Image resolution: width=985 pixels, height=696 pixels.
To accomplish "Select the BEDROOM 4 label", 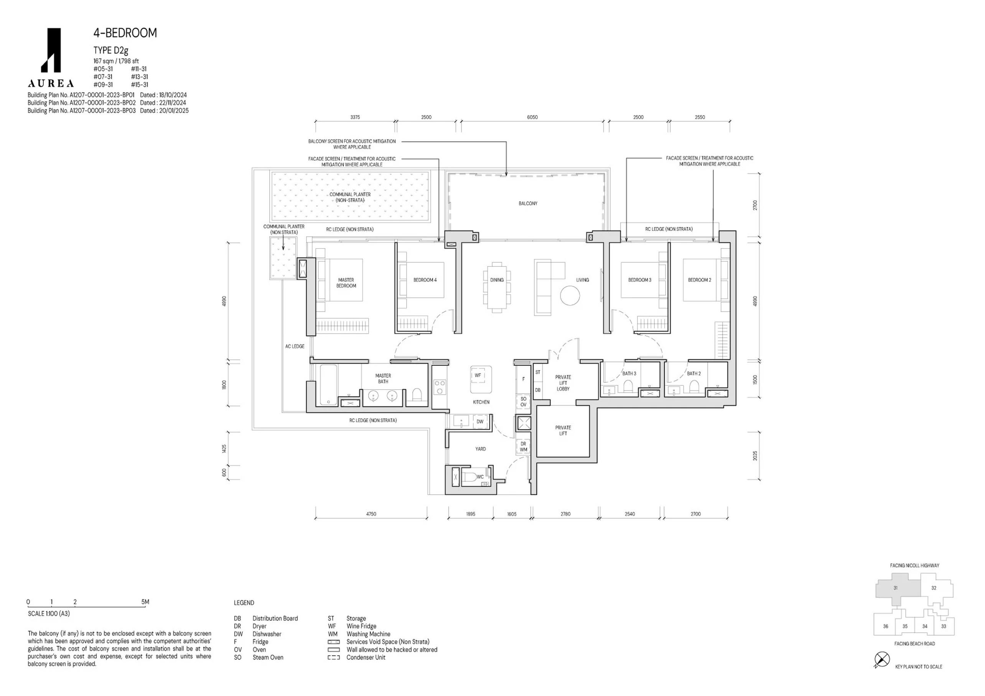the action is point(425,280).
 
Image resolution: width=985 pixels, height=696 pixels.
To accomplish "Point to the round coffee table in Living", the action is point(570,296).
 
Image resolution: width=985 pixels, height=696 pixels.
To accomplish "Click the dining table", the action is point(497,287).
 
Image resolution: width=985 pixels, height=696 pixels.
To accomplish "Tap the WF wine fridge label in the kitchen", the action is point(478,375).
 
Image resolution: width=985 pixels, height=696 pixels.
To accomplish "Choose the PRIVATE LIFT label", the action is point(563,431).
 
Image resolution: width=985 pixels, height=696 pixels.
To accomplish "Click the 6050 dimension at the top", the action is point(532,117).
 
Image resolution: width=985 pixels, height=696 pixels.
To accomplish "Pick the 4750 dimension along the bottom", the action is point(371,514).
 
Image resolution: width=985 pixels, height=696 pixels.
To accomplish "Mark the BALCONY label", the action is point(528,204).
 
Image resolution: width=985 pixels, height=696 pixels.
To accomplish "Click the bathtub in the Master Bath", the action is point(329,385).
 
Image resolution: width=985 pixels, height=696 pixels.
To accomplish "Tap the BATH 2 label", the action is point(694,374).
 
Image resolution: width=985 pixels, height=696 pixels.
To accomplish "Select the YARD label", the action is point(481,449).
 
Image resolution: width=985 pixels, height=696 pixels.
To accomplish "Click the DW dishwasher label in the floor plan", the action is point(480,421).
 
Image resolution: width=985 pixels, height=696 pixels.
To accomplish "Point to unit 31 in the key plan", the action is point(895,588).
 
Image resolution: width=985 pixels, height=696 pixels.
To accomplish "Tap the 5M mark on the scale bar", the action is point(145,602).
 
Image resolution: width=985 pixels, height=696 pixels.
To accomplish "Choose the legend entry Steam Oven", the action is point(268,657).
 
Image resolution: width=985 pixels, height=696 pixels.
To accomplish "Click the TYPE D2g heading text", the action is point(111,51).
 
